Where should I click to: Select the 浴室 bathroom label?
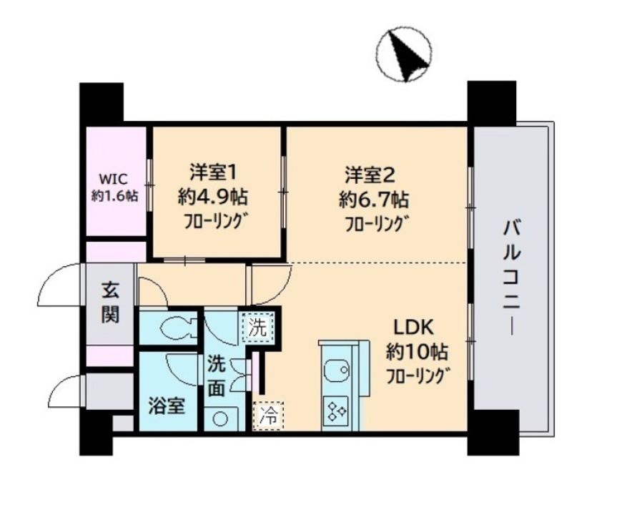pyautogui.click(x=167, y=406)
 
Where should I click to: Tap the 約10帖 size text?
pyautogui.click(x=418, y=351)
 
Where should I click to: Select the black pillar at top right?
pyautogui.click(x=491, y=103)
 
